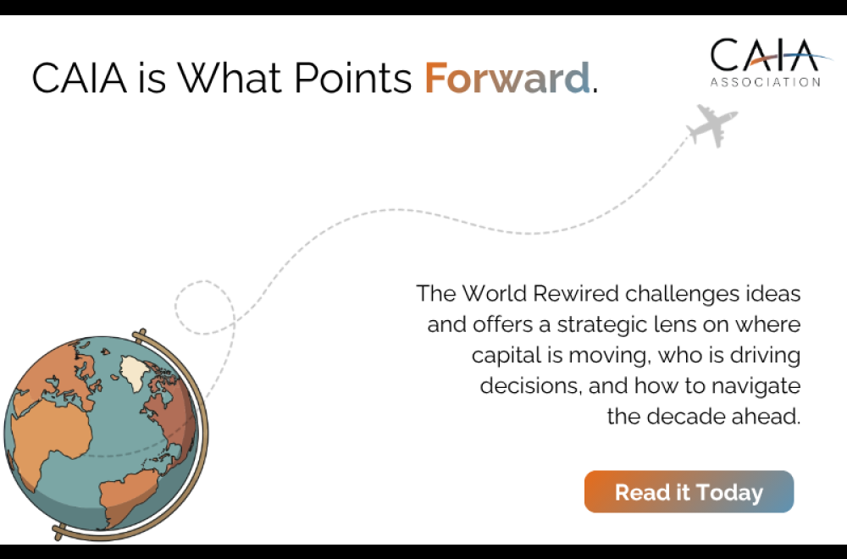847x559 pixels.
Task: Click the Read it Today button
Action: tap(689, 492)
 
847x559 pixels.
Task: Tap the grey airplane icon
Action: tap(711, 125)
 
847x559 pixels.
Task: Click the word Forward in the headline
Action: tap(507, 78)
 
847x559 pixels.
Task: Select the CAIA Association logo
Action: tap(765, 62)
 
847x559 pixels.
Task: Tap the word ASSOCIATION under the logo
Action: tap(765, 82)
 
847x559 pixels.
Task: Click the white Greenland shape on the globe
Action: tap(136, 371)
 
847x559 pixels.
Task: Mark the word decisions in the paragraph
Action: tap(525, 386)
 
